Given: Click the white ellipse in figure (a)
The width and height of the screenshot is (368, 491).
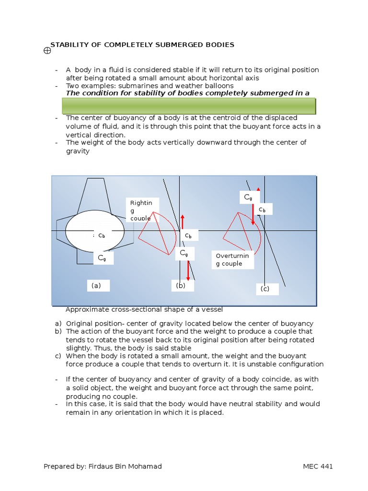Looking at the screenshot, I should coord(95,231).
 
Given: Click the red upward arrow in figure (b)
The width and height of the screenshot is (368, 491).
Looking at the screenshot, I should coord(183,222).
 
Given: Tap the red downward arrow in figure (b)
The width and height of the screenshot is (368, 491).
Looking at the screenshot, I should coord(188,270).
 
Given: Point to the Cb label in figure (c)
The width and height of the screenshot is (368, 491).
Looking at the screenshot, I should coord(263,210).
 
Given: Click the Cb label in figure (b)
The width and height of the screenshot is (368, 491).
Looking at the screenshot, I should coord(189,235).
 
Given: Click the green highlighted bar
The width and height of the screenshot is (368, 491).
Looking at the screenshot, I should coord(189,106).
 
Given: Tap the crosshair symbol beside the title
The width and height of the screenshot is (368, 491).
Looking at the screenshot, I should coord(46,50).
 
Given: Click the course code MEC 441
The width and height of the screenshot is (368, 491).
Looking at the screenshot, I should coord(318,467).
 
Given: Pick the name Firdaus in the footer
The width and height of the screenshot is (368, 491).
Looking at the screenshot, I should coord(102,467).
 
